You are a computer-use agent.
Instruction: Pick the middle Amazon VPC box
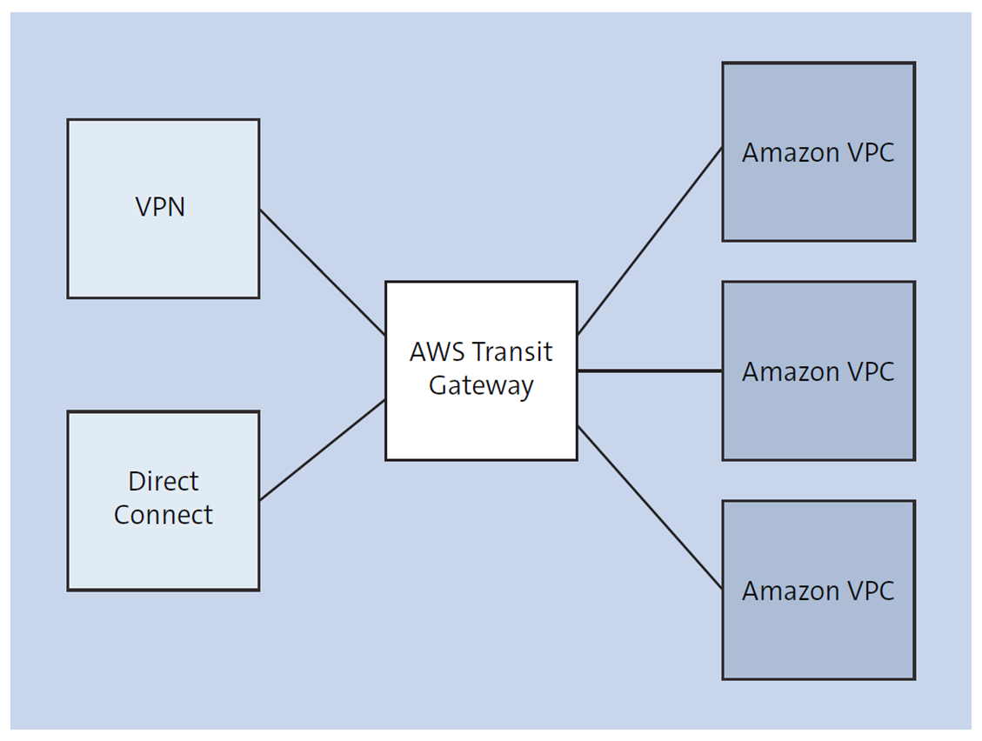coord(818,417)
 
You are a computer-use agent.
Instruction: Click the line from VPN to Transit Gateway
coord(322,271)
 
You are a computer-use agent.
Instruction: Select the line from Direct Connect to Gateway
coord(322,450)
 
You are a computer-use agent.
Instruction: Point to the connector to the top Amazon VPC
coord(650,241)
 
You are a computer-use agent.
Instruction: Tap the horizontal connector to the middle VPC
coord(650,371)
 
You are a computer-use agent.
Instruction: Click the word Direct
coord(164,481)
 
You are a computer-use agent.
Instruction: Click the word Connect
coord(163,515)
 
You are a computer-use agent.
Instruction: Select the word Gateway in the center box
coord(481,386)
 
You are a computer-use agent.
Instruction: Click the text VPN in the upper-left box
coord(160,207)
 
